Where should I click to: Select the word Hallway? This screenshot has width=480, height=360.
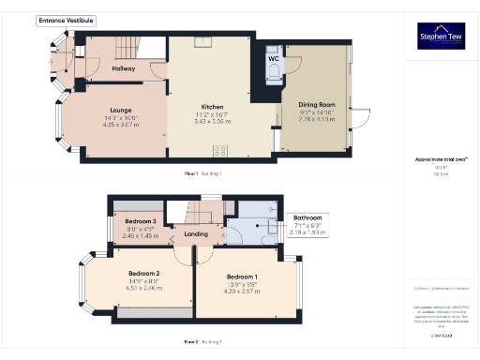point(124,68)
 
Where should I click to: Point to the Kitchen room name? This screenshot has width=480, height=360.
point(211,107)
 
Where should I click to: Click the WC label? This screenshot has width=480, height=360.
point(274,59)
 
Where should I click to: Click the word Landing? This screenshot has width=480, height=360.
point(196,233)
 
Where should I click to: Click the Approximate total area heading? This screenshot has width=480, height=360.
point(441,160)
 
